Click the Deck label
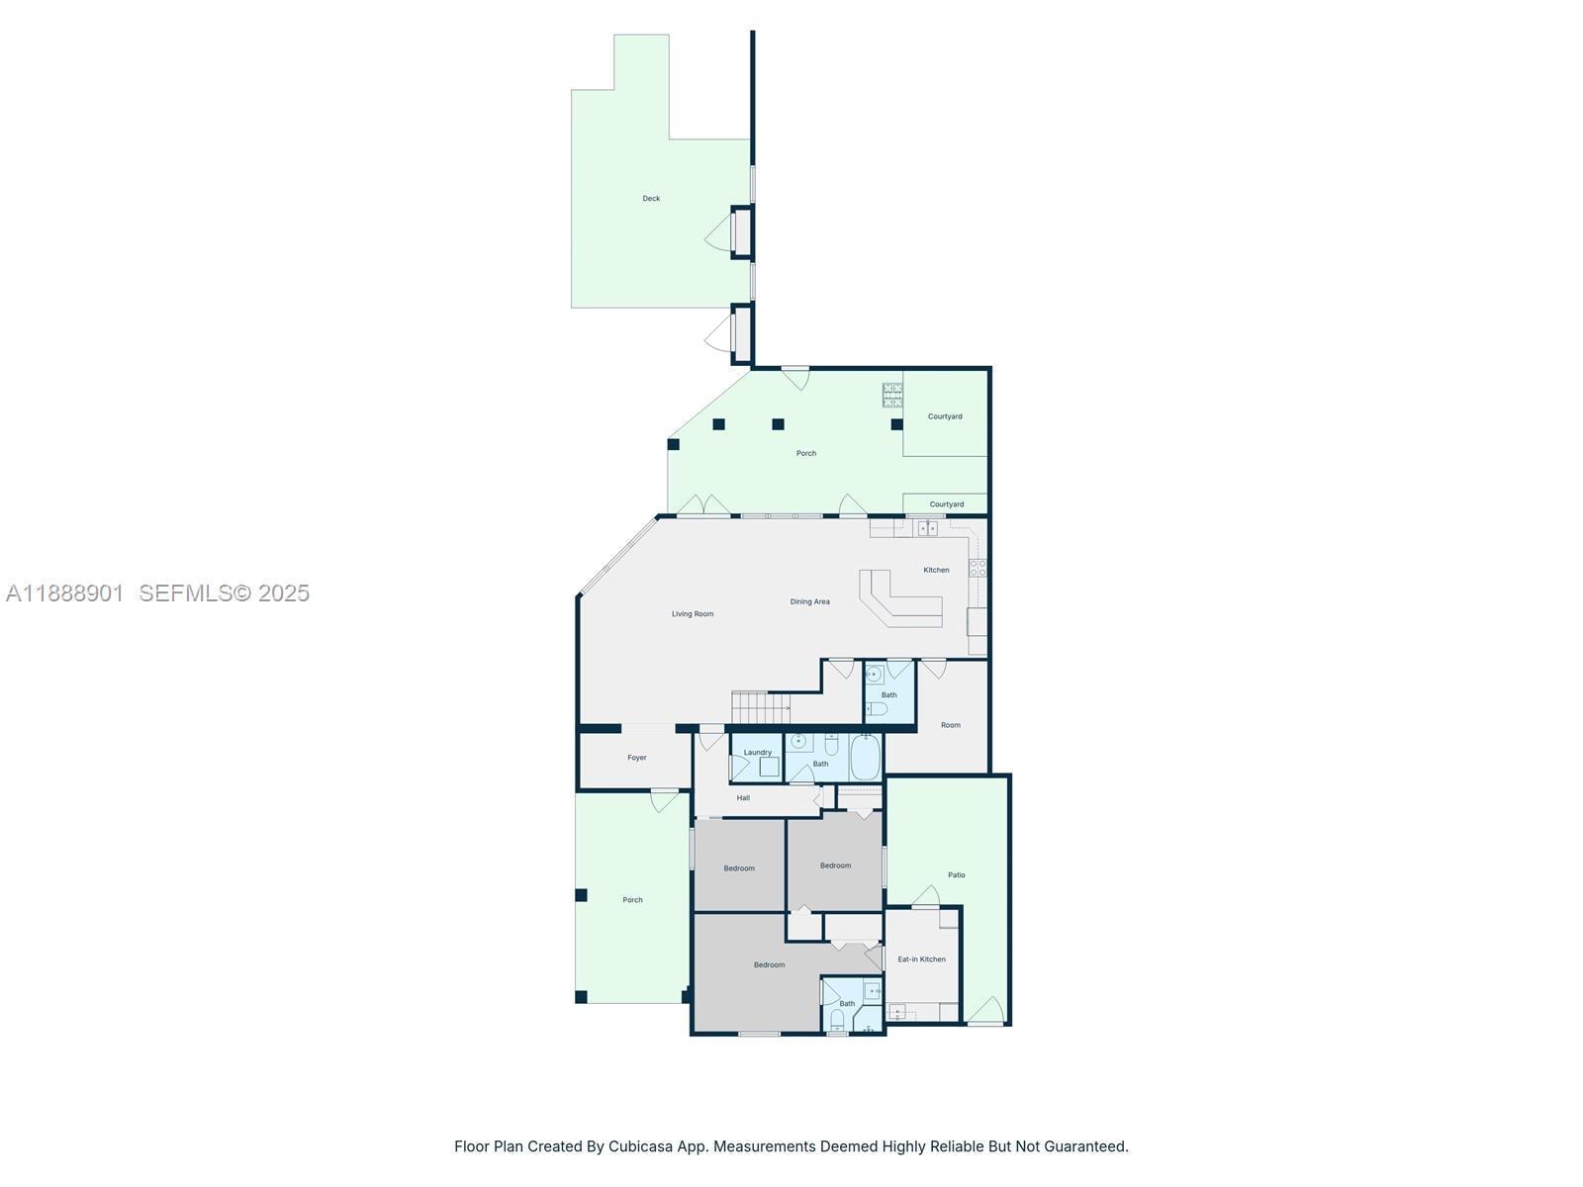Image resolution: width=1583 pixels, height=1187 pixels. click(651, 199)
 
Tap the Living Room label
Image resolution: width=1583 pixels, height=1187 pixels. click(693, 614)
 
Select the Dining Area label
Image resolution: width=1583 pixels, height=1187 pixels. click(809, 601)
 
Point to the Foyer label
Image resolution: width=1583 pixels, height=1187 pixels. click(636, 758)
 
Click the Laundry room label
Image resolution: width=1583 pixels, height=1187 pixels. click(757, 753)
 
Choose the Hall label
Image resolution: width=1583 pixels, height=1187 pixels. click(743, 798)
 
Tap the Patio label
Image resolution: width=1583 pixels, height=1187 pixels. click(957, 875)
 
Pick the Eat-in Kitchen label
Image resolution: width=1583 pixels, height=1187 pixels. click(921, 959)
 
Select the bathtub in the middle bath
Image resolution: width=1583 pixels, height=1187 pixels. click(865, 758)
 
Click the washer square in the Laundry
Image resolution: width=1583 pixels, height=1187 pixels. click(769, 767)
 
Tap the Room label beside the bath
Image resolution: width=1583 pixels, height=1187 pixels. click(951, 725)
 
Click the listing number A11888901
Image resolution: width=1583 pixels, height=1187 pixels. click(65, 593)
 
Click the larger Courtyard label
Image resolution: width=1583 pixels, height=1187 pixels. click(945, 416)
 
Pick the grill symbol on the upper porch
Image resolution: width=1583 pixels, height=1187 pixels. click(892, 395)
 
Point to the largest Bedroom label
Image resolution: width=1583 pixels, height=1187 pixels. click(769, 965)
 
